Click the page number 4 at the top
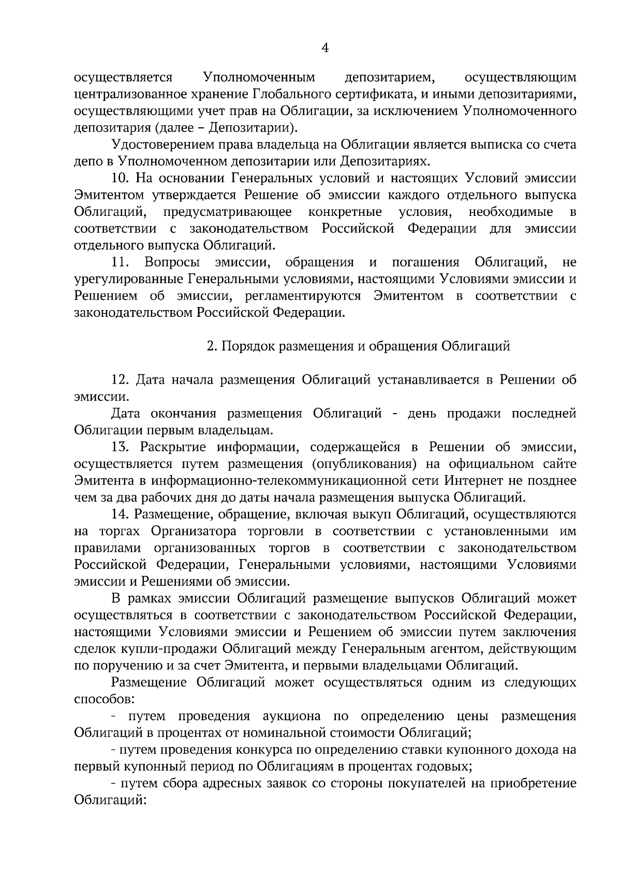(x=325, y=48)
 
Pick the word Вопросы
(x=173, y=262)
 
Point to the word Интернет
(x=469, y=480)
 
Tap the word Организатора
(x=194, y=531)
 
